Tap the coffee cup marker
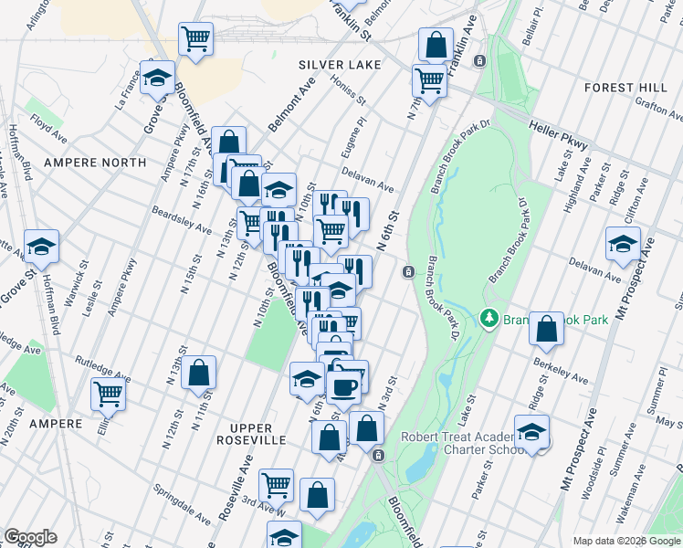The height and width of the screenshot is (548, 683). point(344,385)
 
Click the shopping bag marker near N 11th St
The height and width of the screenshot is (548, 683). point(198,373)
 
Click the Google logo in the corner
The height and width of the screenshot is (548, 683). point(30,537)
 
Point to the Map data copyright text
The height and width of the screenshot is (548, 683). point(625,541)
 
